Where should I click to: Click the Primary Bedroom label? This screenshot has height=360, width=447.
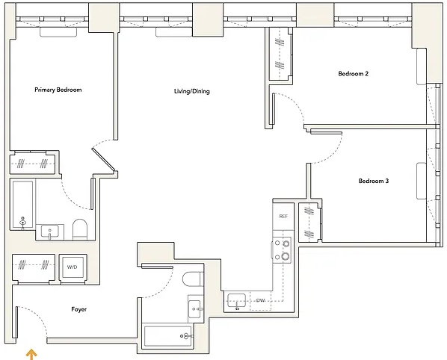pyautogui.click(x=58, y=90)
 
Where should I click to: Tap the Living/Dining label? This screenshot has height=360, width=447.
pyautogui.click(x=192, y=91)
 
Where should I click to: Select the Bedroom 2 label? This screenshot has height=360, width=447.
pyautogui.click(x=354, y=73)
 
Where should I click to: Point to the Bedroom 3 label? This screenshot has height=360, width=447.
pyautogui.click(x=374, y=181)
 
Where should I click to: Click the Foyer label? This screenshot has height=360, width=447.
pyautogui.click(x=79, y=309)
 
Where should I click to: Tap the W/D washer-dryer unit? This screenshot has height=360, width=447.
pyautogui.click(x=73, y=267)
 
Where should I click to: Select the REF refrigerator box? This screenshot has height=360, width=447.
pyautogui.click(x=283, y=217)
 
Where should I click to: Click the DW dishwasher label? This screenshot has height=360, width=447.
pyautogui.click(x=260, y=300)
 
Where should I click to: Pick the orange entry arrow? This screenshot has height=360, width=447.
pyautogui.click(x=31, y=356)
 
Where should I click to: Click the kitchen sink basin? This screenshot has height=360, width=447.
pyautogui.click(x=237, y=300)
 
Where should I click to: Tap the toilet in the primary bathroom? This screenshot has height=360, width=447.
pyautogui.click(x=79, y=229)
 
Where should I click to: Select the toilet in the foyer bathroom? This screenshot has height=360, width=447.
pyautogui.click(x=193, y=279)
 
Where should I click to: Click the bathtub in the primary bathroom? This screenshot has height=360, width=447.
pyautogui.click(x=23, y=205)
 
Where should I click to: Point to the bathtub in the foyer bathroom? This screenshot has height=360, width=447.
pyautogui.click(x=168, y=336)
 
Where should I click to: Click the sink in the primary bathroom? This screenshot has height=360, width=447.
pyautogui.click(x=50, y=232)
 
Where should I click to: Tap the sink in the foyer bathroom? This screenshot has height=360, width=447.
pyautogui.click(x=195, y=309)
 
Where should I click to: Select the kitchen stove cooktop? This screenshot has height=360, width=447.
pyautogui.click(x=282, y=250)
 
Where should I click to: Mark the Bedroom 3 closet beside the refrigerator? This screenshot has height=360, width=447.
pyautogui.click(x=309, y=222)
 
